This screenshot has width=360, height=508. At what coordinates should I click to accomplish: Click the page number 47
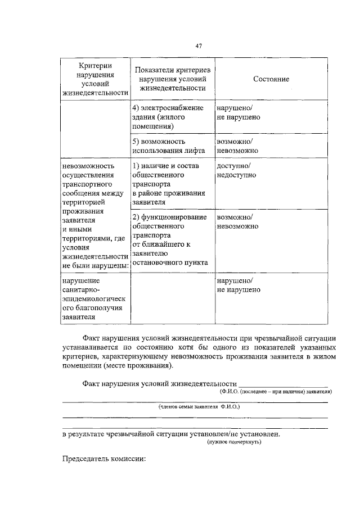(x=199, y=46)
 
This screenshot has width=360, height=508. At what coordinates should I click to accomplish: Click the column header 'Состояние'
(x=271, y=79)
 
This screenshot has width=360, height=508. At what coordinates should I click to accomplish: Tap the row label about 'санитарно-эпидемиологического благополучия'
(x=94, y=298)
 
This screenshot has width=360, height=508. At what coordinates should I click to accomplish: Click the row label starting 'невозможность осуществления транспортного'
(x=94, y=216)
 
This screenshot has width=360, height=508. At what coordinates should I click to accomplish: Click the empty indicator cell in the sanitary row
(x=172, y=298)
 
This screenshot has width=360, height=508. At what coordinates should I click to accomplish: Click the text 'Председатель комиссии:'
(x=104, y=459)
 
